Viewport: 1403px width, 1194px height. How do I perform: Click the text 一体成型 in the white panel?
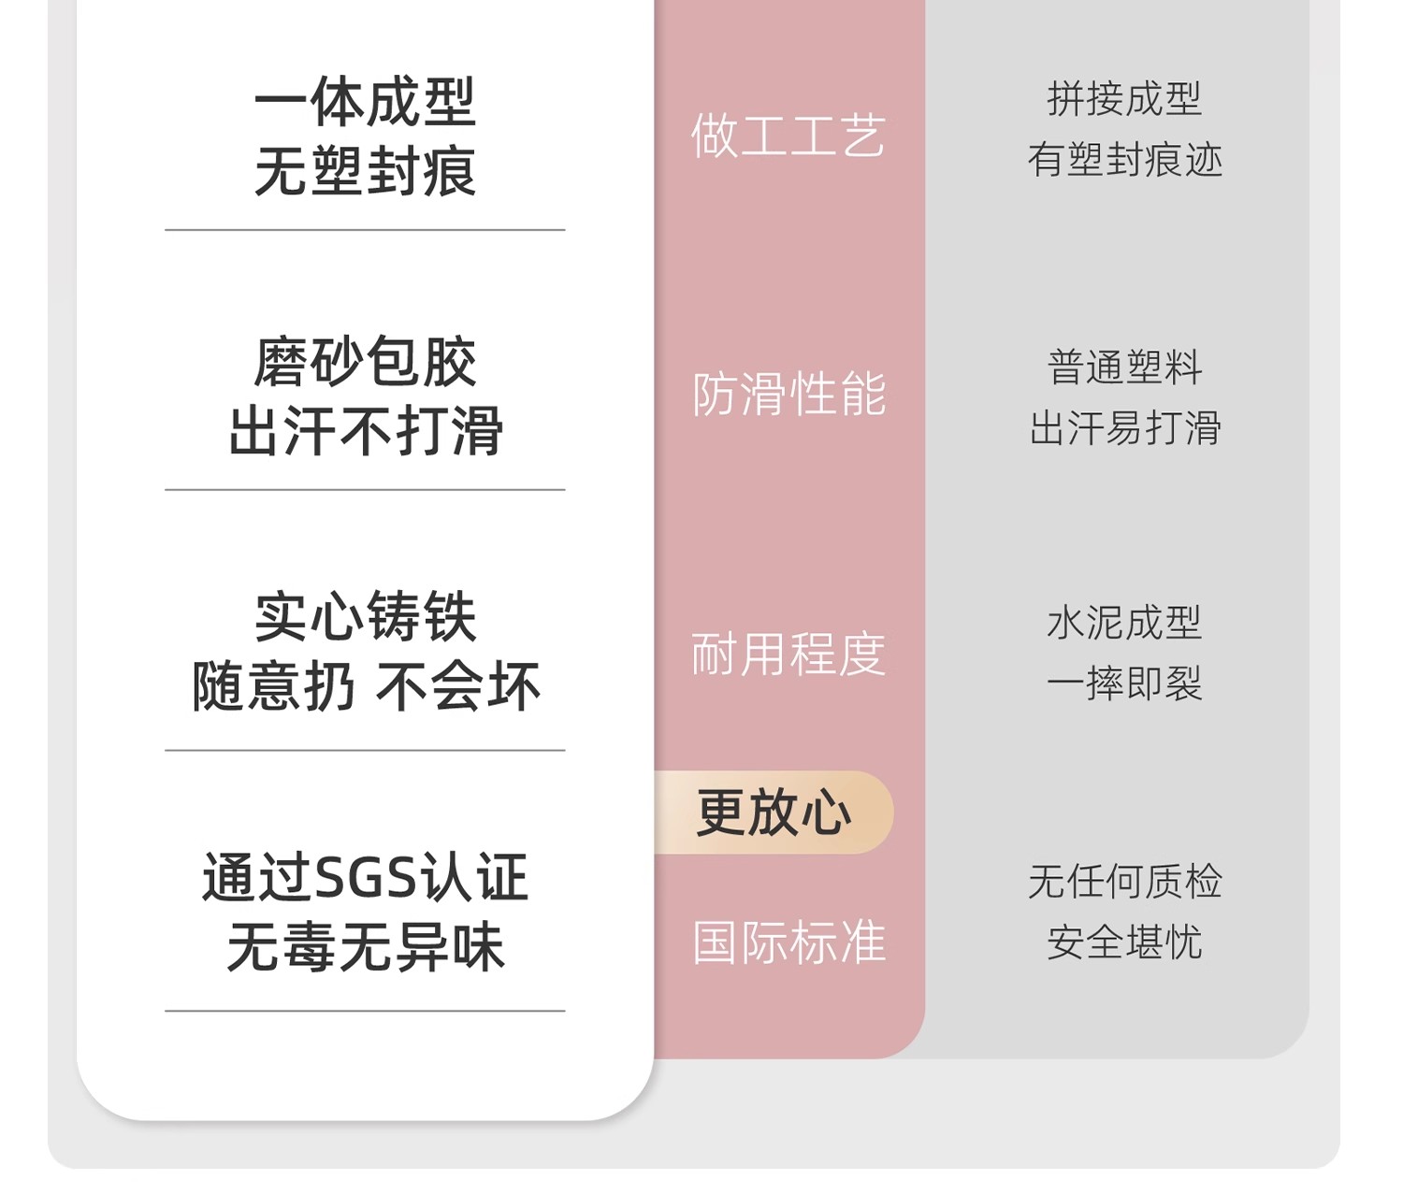pyautogui.click(x=365, y=102)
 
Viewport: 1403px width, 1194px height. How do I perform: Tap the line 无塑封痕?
pyautogui.click(x=365, y=171)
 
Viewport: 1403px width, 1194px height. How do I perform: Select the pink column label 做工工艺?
pyautogui.click(x=788, y=136)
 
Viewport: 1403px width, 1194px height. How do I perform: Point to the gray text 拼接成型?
pyautogui.click(x=1124, y=99)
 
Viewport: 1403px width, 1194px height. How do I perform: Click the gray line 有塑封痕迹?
pyautogui.click(x=1124, y=160)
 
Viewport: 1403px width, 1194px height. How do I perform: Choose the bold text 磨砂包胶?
pyautogui.click(x=365, y=362)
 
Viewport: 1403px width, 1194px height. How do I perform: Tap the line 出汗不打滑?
pyautogui.click(x=365, y=431)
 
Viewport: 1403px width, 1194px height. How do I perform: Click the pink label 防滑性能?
pyautogui.click(x=788, y=394)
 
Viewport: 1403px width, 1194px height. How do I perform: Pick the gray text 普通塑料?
pyautogui.click(x=1124, y=367)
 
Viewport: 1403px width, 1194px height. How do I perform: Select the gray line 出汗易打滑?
pyautogui.click(x=1124, y=428)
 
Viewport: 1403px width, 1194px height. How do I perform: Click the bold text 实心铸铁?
pyautogui.click(x=365, y=616)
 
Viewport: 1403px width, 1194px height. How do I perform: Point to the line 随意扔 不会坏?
pyautogui.click(x=365, y=686)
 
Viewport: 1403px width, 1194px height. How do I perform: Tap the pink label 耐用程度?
pyautogui.click(x=788, y=654)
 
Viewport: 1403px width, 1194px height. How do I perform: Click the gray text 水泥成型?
pyautogui.click(x=1124, y=623)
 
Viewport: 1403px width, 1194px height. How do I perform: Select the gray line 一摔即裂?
pyautogui.click(x=1124, y=683)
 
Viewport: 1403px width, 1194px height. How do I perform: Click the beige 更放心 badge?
pyautogui.click(x=774, y=812)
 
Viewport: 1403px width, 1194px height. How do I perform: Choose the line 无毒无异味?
pyautogui.click(x=365, y=947)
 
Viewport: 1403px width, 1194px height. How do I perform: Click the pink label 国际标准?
pyautogui.click(x=788, y=942)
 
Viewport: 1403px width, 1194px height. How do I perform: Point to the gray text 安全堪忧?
pyautogui.click(x=1124, y=942)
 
